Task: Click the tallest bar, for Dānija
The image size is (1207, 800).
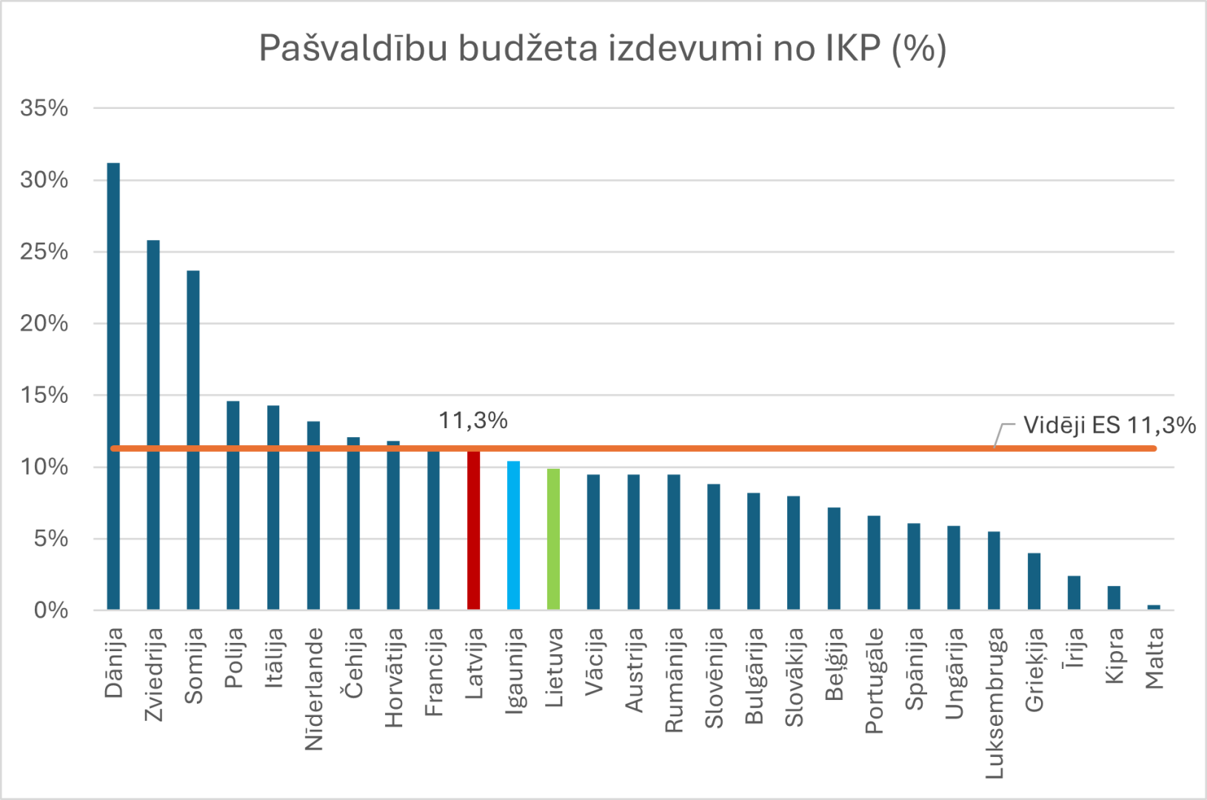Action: click(113, 385)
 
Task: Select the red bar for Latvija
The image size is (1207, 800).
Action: click(473, 530)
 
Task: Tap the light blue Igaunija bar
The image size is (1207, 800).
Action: click(513, 536)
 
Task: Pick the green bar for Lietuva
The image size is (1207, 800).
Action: click(553, 539)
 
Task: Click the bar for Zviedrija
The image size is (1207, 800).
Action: click(153, 424)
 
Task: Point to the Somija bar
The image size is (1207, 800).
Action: click(193, 440)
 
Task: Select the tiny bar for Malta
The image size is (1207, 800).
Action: click(1154, 607)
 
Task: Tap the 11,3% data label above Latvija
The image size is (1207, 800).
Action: click(472, 421)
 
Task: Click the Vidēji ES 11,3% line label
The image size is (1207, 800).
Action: click(1109, 425)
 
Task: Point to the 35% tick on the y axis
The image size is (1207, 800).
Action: click(44, 108)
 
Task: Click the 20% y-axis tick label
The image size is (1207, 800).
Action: click(44, 324)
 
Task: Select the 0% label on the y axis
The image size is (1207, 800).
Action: click(50, 610)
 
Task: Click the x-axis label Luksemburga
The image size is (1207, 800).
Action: click(994, 703)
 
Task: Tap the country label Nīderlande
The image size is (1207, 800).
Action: click(314, 689)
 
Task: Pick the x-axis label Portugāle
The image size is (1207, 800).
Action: click(875, 680)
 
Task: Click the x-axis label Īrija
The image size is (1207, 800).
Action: click(1074, 647)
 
